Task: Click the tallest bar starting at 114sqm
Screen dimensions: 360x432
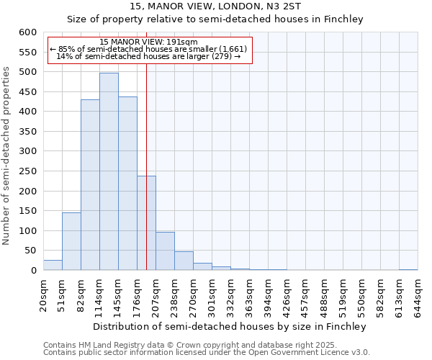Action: [x=109, y=171]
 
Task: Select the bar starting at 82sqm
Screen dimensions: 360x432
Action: [x=90, y=185]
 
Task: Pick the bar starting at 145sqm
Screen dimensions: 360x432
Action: [x=127, y=184]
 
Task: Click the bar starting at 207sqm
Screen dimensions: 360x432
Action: [x=165, y=251]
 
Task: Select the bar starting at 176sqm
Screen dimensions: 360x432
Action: [x=146, y=223]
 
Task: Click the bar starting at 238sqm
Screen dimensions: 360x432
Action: [x=184, y=261]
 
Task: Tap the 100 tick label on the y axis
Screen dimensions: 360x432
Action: [x=27, y=231]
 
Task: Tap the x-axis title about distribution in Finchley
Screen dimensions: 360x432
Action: [x=230, y=327]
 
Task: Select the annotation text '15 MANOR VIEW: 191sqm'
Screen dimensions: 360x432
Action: [x=148, y=42]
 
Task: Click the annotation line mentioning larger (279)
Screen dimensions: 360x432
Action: [x=148, y=56]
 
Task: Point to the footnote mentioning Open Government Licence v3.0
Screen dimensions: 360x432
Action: [x=207, y=353]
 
